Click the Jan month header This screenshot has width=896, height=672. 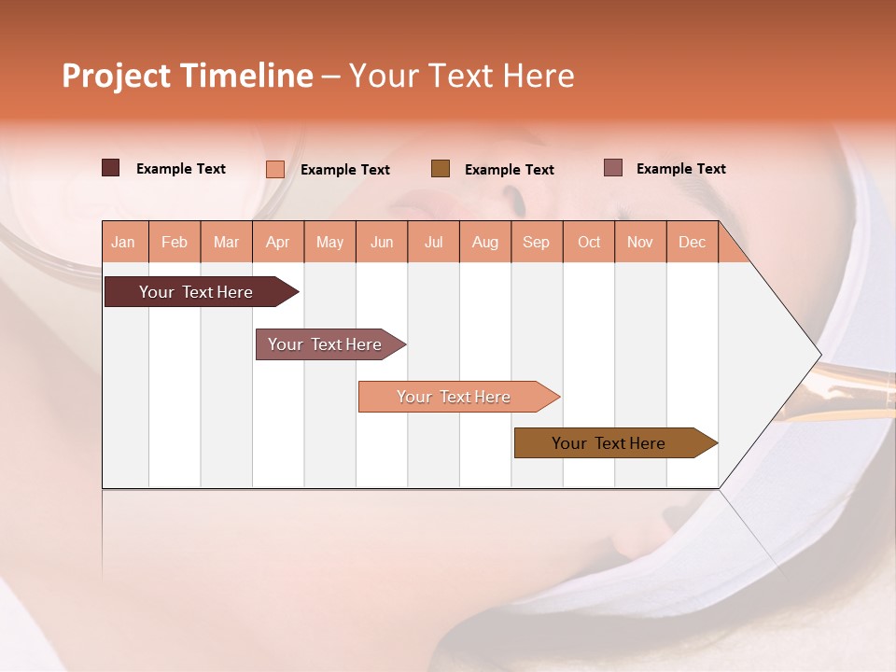point(123,243)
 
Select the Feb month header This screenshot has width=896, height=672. point(175,243)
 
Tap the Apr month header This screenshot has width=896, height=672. point(277,243)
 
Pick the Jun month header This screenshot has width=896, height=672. point(382,243)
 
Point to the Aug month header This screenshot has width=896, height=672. point(484,243)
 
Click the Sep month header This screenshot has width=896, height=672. point(536,243)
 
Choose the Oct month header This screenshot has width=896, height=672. point(589,243)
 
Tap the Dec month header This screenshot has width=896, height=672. point(692,243)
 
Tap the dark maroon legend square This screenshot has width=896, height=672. point(111,168)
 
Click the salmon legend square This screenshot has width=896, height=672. point(275,169)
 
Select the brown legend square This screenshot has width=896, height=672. point(441,169)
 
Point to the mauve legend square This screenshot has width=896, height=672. point(613,168)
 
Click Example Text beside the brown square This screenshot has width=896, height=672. point(509,170)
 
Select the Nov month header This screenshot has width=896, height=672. point(640,243)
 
